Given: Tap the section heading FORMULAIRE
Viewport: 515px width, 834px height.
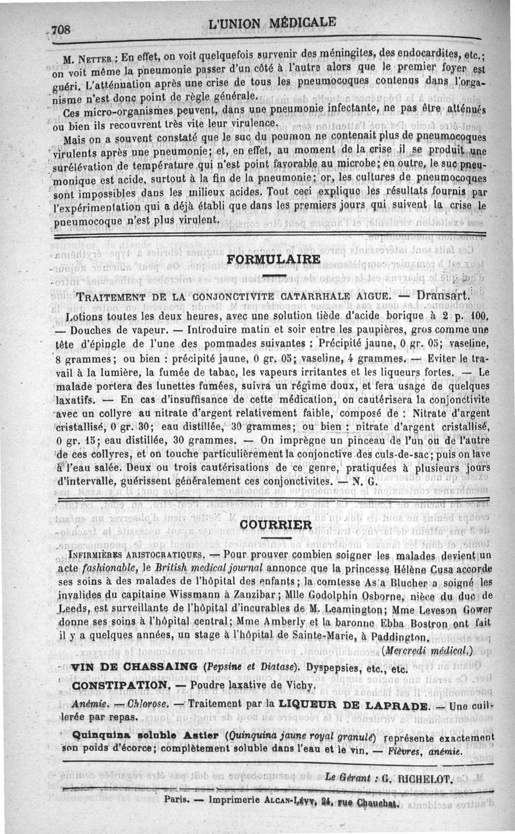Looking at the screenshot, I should (274, 259).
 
